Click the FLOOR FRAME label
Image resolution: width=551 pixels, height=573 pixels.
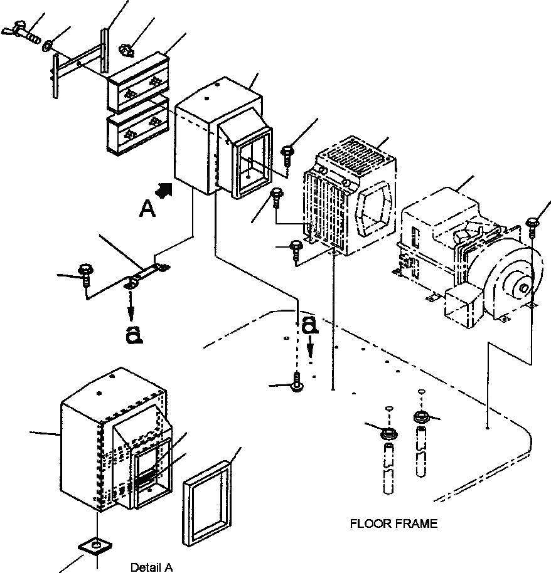click(x=393, y=523)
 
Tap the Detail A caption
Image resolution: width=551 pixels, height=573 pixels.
click(x=151, y=567)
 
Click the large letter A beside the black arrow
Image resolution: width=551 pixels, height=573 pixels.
click(x=147, y=209)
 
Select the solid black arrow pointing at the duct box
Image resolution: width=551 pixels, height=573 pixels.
click(x=164, y=190)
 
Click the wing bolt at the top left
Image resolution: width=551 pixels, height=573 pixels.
click(x=21, y=32)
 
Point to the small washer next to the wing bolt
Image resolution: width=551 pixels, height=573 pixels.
click(x=48, y=46)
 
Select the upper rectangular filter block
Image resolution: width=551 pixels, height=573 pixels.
click(x=139, y=82)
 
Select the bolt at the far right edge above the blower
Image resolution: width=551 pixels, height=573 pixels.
click(x=533, y=224)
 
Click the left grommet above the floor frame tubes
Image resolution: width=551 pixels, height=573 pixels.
click(x=389, y=433)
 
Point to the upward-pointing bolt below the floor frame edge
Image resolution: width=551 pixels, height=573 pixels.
click(x=297, y=382)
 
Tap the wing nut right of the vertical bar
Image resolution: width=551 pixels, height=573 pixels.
click(x=127, y=50)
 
